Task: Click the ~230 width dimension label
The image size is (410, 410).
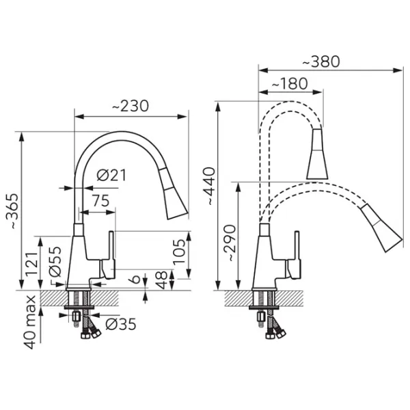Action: (131, 106)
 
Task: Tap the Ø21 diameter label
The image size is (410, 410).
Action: (111, 175)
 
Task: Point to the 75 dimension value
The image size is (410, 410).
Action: (100, 201)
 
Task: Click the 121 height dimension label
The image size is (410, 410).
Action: (31, 263)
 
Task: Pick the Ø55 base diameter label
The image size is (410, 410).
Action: (55, 262)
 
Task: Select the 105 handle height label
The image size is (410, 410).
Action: (179, 251)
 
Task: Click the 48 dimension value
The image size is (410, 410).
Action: (161, 279)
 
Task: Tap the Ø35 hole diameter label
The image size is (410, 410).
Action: (121, 324)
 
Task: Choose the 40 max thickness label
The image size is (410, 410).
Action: (30, 323)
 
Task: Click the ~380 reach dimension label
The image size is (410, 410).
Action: (321, 61)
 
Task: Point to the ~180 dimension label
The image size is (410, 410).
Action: (290, 83)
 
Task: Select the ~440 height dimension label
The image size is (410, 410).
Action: (210, 186)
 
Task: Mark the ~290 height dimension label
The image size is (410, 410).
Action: (230, 243)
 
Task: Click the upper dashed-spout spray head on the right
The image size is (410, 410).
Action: (317, 154)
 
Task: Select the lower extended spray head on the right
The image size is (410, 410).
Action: (383, 227)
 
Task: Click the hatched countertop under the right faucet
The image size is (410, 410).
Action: (264, 299)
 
